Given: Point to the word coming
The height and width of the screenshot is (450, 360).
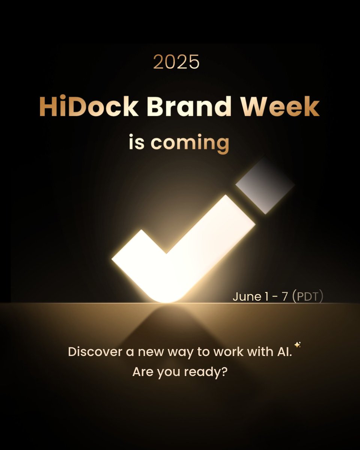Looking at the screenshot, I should tap(190, 143).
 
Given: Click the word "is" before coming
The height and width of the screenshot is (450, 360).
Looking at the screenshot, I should tap(136, 142).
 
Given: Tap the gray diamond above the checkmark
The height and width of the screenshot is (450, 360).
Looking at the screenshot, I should tap(265, 185).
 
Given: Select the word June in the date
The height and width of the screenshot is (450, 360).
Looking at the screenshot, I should tap(246, 297).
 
